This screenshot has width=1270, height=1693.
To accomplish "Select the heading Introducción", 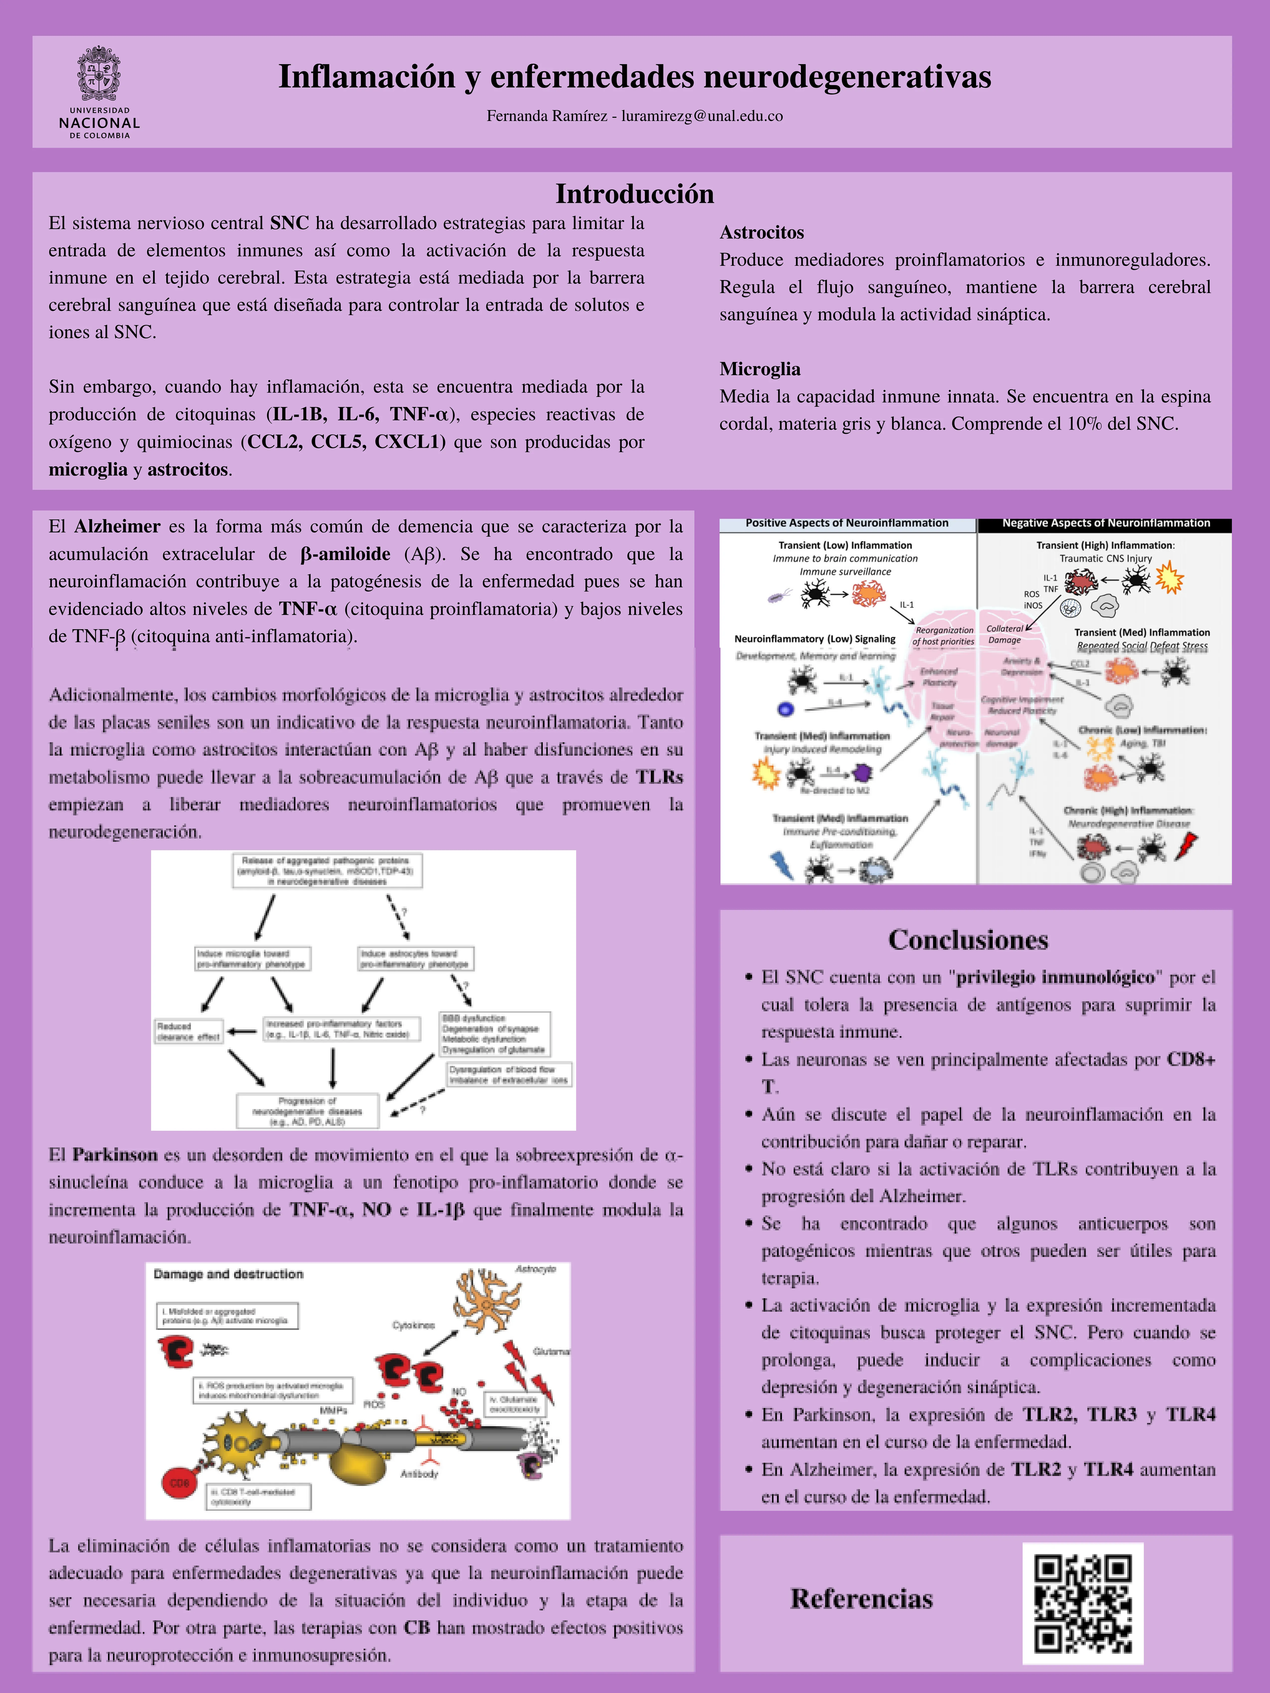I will (x=635, y=194).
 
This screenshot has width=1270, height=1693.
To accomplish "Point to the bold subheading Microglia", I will (x=759, y=369).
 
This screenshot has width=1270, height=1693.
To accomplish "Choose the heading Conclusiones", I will (x=968, y=940).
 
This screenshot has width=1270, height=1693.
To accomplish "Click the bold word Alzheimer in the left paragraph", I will (x=117, y=527).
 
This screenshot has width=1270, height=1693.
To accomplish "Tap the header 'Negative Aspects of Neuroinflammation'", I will (x=1105, y=523).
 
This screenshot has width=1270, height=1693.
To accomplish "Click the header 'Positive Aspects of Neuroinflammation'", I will (x=847, y=523).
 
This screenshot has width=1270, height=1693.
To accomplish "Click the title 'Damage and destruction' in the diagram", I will (x=228, y=1274).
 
